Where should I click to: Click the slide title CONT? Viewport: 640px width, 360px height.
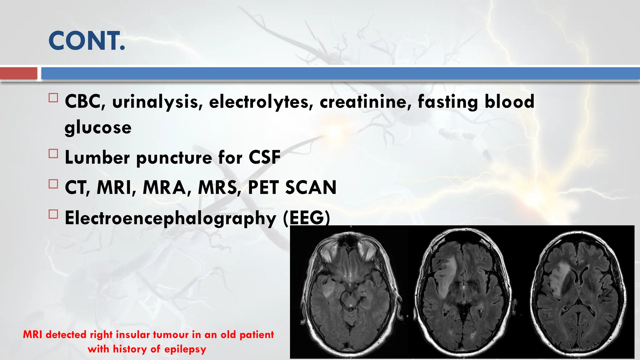pyautogui.click(x=87, y=41)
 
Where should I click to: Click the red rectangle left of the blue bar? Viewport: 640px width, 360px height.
pyautogui.click(x=18, y=73)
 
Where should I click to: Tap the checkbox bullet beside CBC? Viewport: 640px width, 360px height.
pyautogui.click(x=53, y=98)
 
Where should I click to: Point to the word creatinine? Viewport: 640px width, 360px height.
pyautogui.click(x=366, y=102)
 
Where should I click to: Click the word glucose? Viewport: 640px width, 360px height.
pyautogui.click(x=98, y=127)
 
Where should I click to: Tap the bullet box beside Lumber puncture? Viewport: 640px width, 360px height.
pyautogui.click(x=53, y=154)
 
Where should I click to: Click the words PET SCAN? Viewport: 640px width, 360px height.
pyautogui.click(x=292, y=187)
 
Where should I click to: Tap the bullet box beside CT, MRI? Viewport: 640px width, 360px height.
pyautogui.click(x=53, y=184)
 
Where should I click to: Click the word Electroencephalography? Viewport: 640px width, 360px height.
pyautogui.click(x=170, y=218)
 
